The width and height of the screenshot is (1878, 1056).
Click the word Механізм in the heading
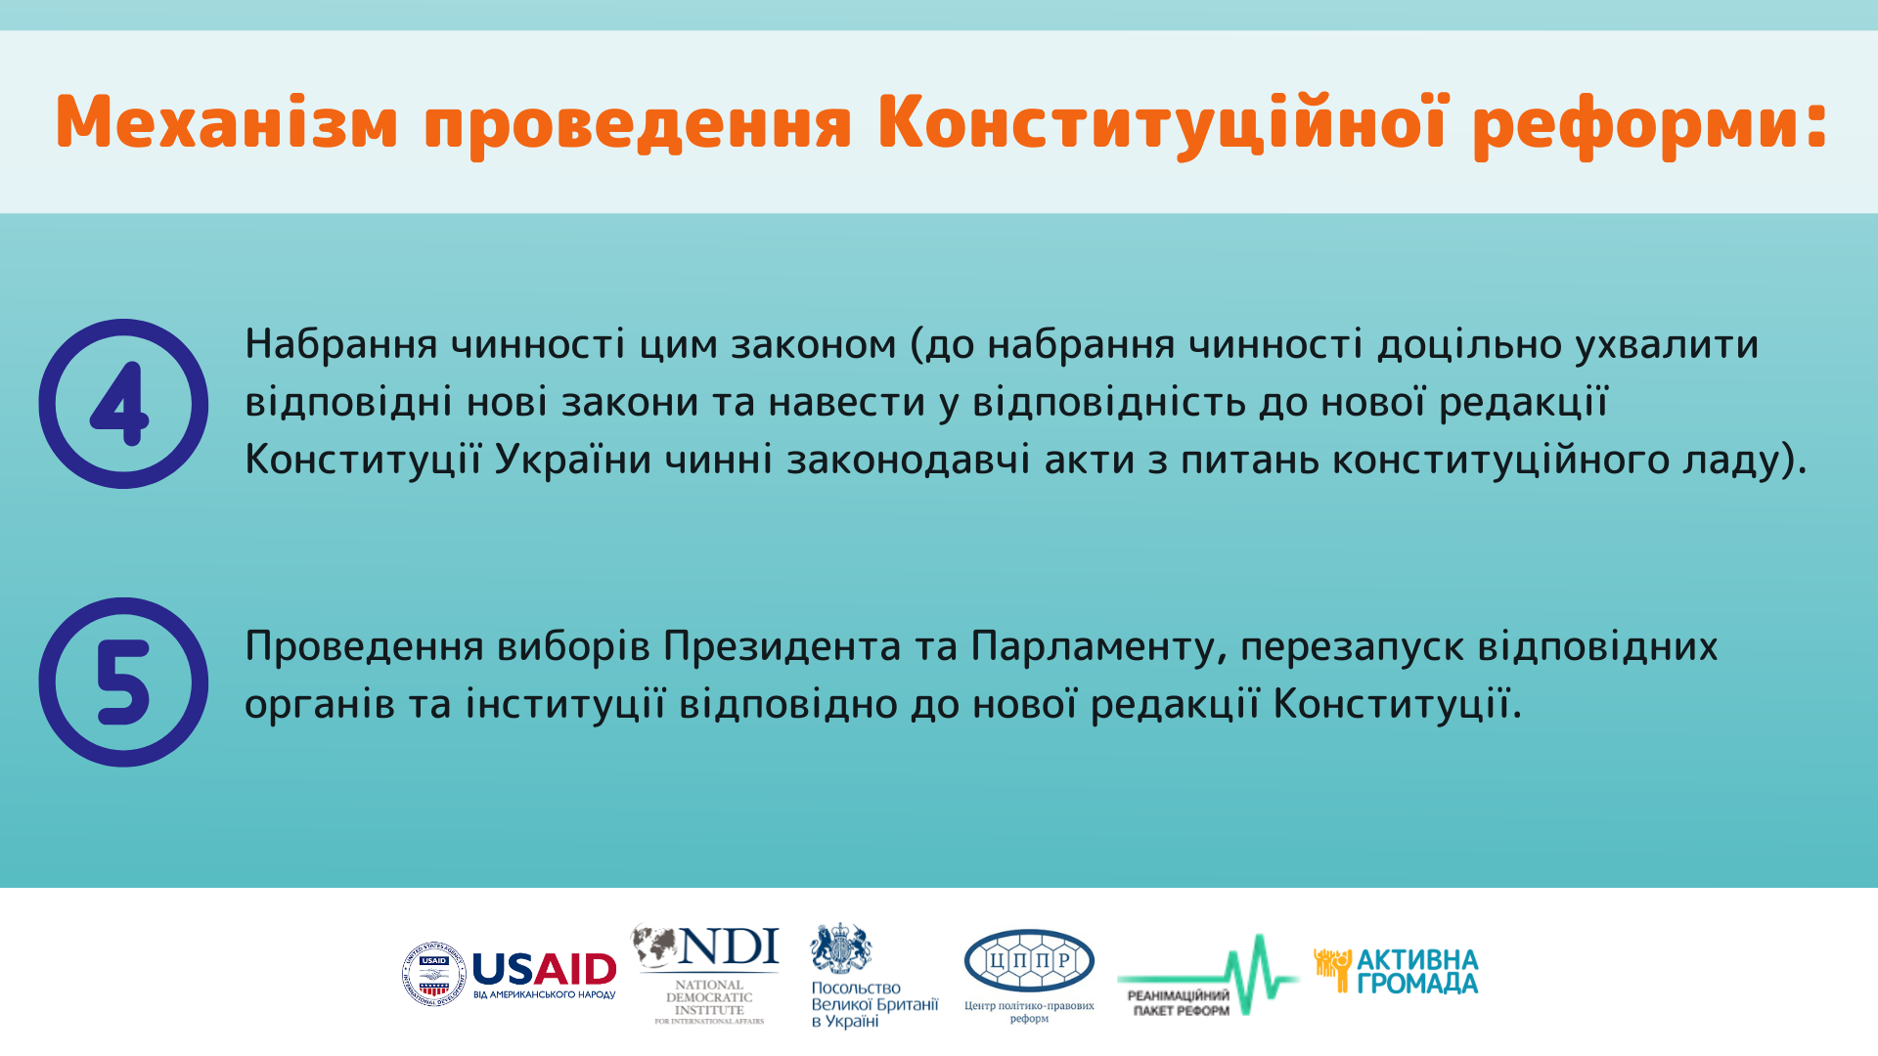tap(227, 123)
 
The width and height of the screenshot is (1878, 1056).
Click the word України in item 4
tap(573, 459)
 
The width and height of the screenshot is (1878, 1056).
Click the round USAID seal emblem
tap(433, 975)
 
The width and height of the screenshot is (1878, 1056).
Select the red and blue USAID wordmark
tap(544, 970)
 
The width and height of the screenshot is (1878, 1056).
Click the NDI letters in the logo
tap(730, 946)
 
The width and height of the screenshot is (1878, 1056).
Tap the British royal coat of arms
tap(841, 948)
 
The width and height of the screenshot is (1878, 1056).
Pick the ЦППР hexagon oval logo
tap(1029, 961)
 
